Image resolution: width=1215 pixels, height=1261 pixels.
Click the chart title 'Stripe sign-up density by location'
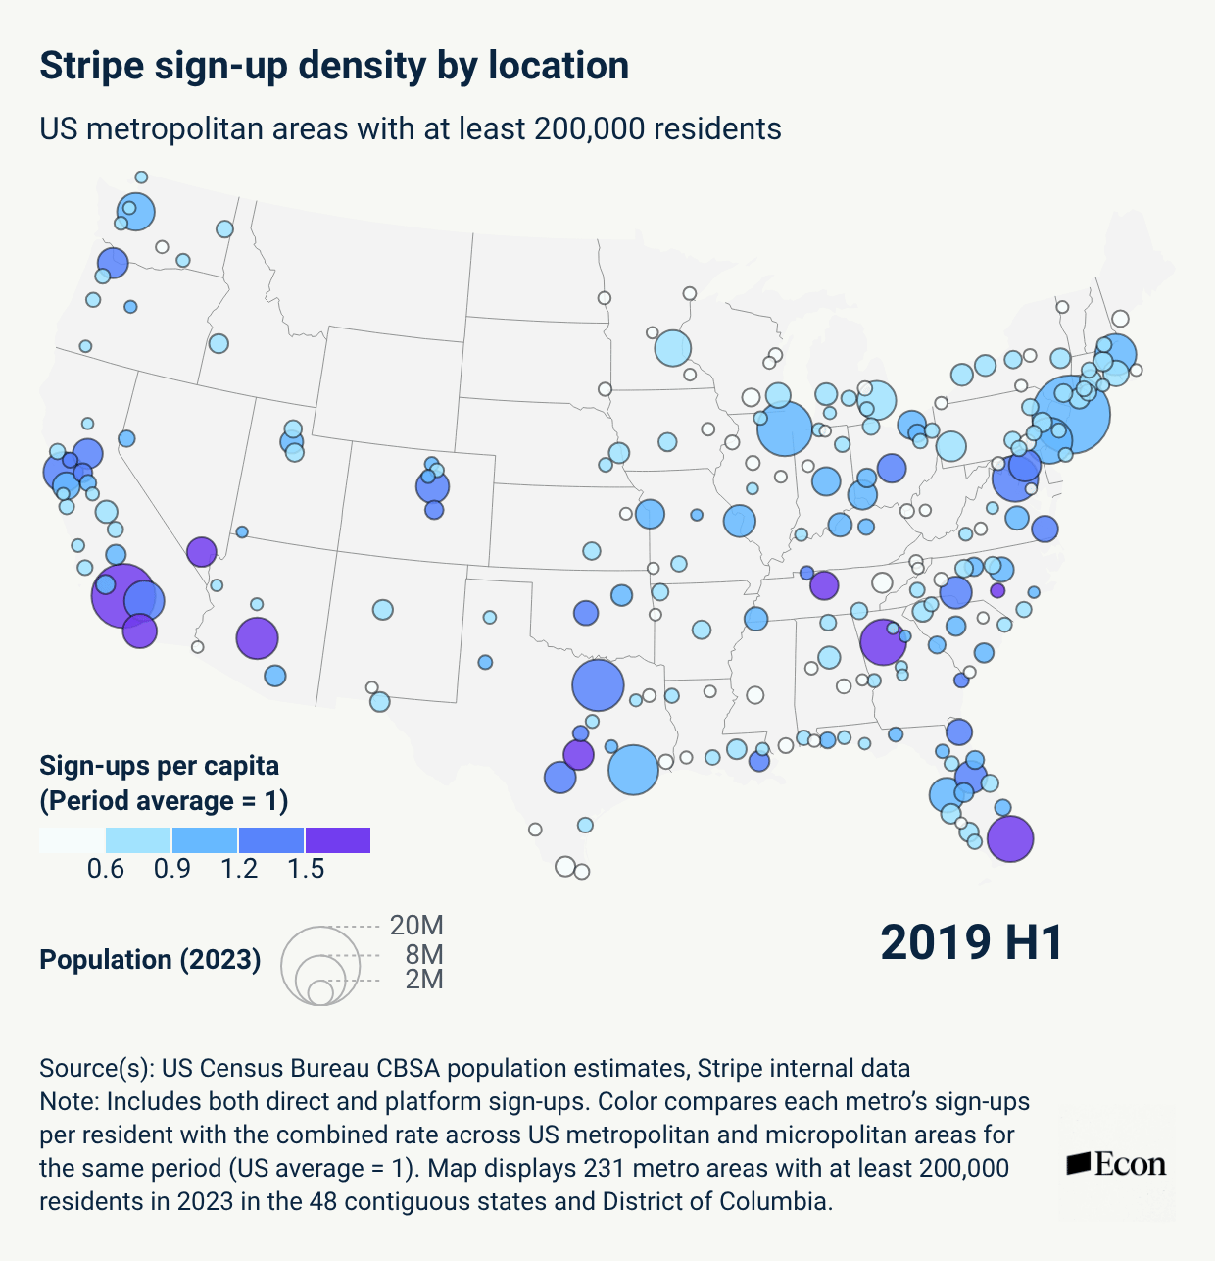[x=334, y=66]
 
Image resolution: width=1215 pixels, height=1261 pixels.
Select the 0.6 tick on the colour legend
[x=106, y=869]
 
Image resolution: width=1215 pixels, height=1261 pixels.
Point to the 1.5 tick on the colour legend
[x=306, y=869]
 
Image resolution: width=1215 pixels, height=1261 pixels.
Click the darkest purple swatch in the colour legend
[x=337, y=839]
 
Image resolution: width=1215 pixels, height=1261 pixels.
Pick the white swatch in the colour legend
[x=72, y=839]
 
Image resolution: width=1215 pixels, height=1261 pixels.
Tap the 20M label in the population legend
[x=416, y=926]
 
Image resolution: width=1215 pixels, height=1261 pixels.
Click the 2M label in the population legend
[x=424, y=980]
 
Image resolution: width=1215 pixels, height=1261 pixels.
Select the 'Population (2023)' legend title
[x=150, y=960]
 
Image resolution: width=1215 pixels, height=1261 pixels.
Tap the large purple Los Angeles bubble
[x=123, y=595]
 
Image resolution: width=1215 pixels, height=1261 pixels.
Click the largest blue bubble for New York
[x=1071, y=415]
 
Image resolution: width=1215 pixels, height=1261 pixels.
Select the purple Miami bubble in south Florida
[x=1010, y=839]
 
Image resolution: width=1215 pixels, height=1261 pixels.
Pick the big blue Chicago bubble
[x=784, y=429]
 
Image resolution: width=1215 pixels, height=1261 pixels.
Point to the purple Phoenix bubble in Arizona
[x=257, y=638]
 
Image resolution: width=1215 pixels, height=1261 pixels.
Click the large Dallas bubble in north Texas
[x=598, y=685]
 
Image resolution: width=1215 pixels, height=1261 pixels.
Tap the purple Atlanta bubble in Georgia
[x=883, y=642]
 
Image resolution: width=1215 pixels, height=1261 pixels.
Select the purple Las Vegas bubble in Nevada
[x=202, y=552]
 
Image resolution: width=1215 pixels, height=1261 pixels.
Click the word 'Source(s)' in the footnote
[x=97, y=1069]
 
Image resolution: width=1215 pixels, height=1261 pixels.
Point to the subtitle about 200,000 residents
[x=411, y=128]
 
